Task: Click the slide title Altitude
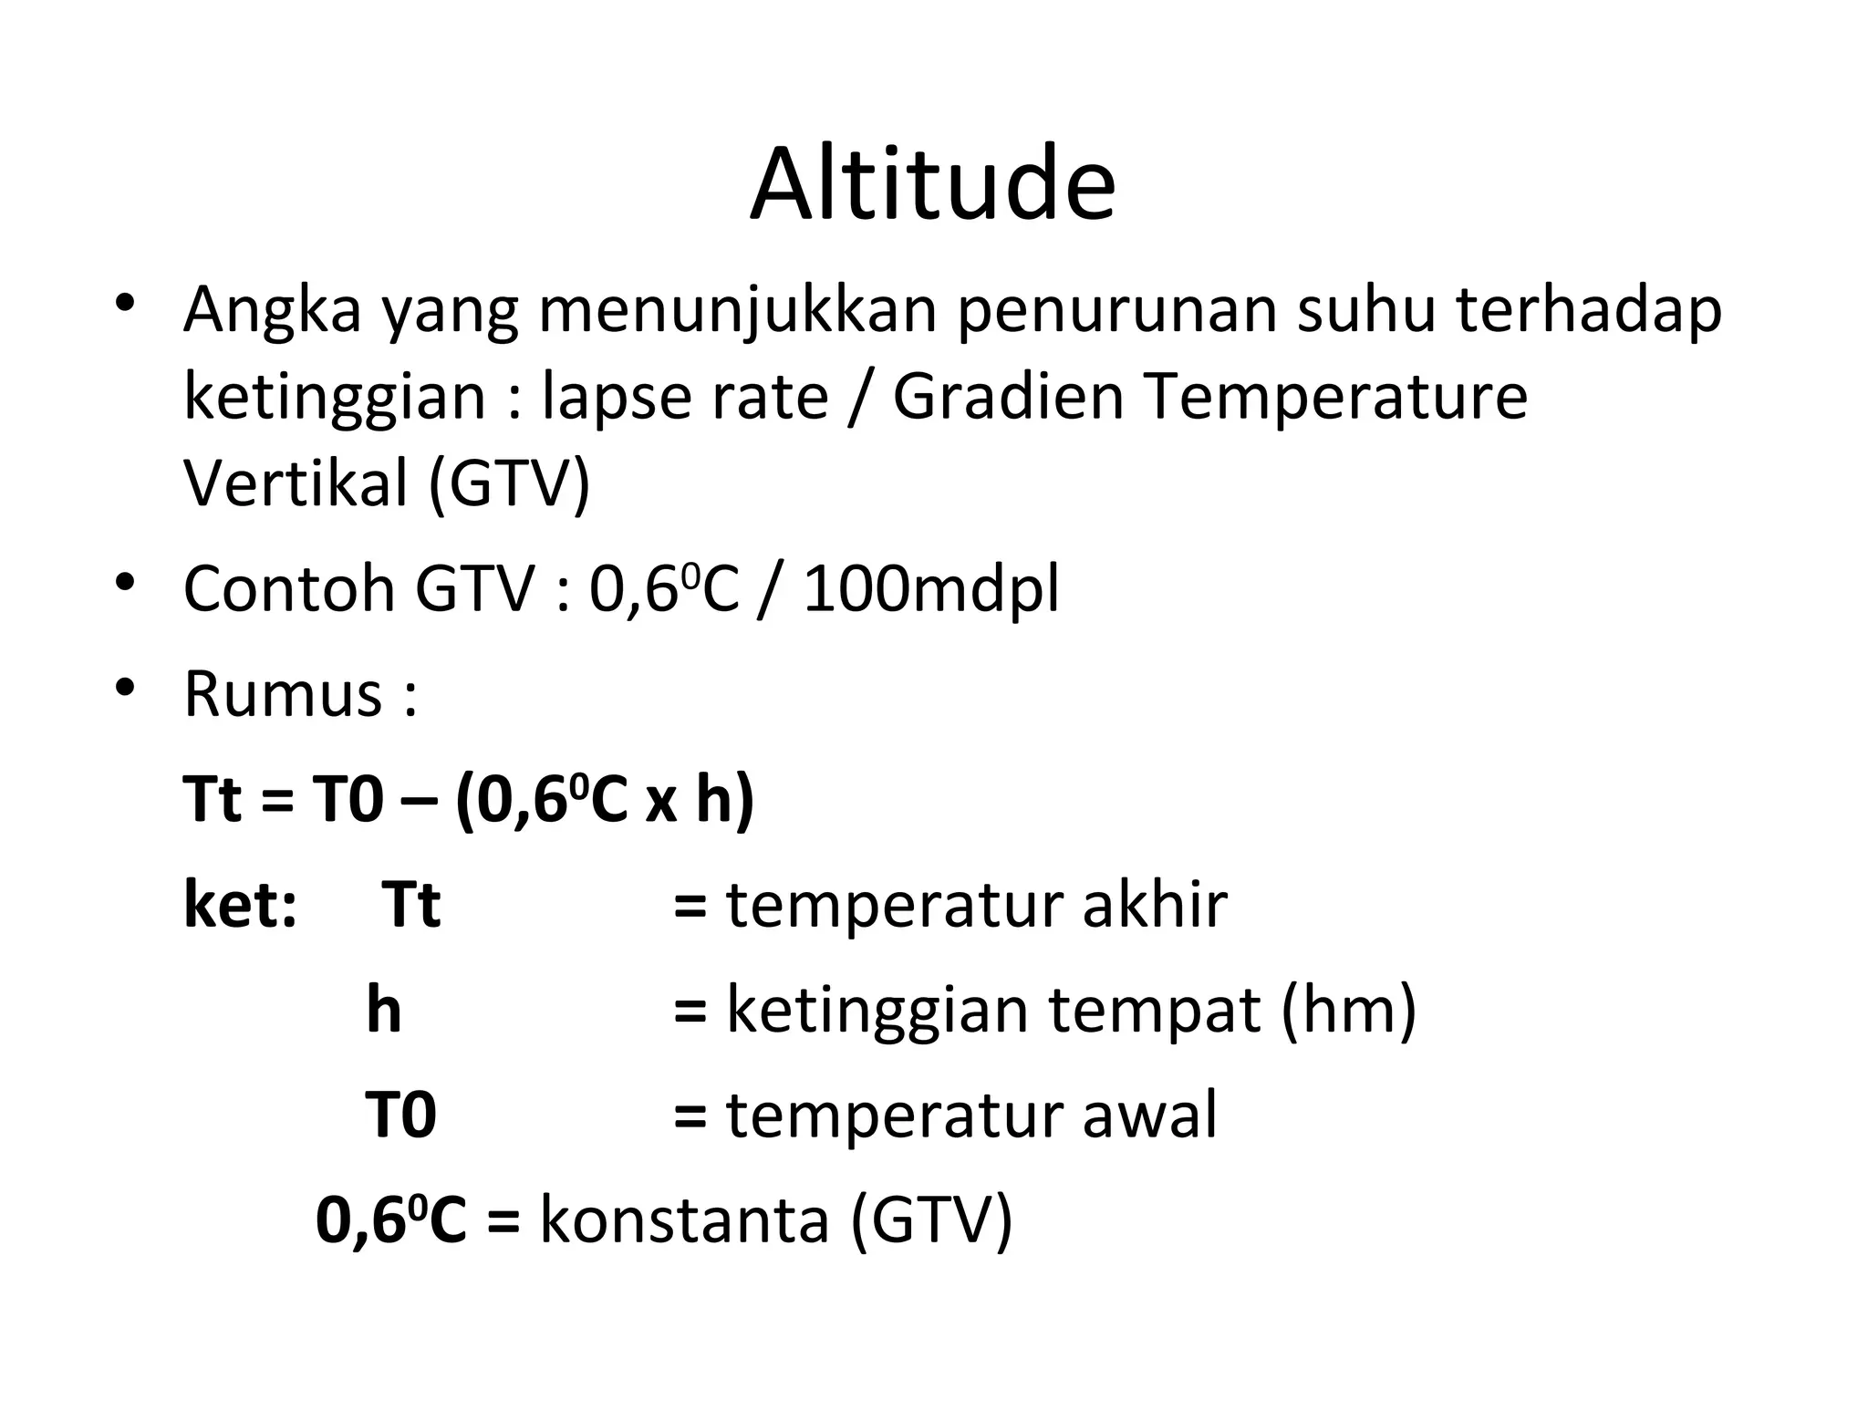[x=932, y=184]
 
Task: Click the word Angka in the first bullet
[x=273, y=311]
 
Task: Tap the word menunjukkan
[x=738, y=311]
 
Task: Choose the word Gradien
[x=1008, y=398]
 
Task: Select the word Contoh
[x=289, y=589]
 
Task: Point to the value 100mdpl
[x=931, y=589]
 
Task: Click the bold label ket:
[x=240, y=905]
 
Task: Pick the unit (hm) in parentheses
[x=1348, y=1011]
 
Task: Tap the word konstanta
[x=684, y=1220]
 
